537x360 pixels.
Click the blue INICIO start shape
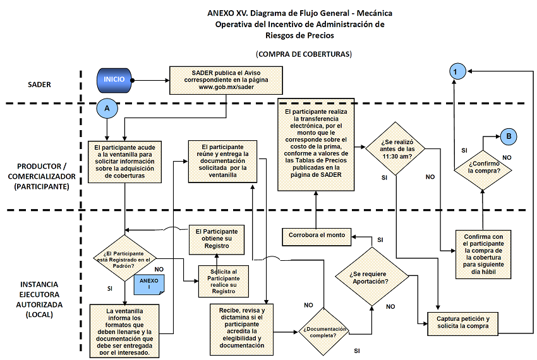pyautogui.click(x=114, y=80)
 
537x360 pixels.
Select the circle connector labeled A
pyautogui.click(x=107, y=108)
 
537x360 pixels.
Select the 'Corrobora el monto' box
pyautogui.click(x=317, y=235)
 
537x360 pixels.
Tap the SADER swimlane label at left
pyautogui.click(x=39, y=84)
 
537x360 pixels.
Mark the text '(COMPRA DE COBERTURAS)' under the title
pyautogui.click(x=304, y=54)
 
